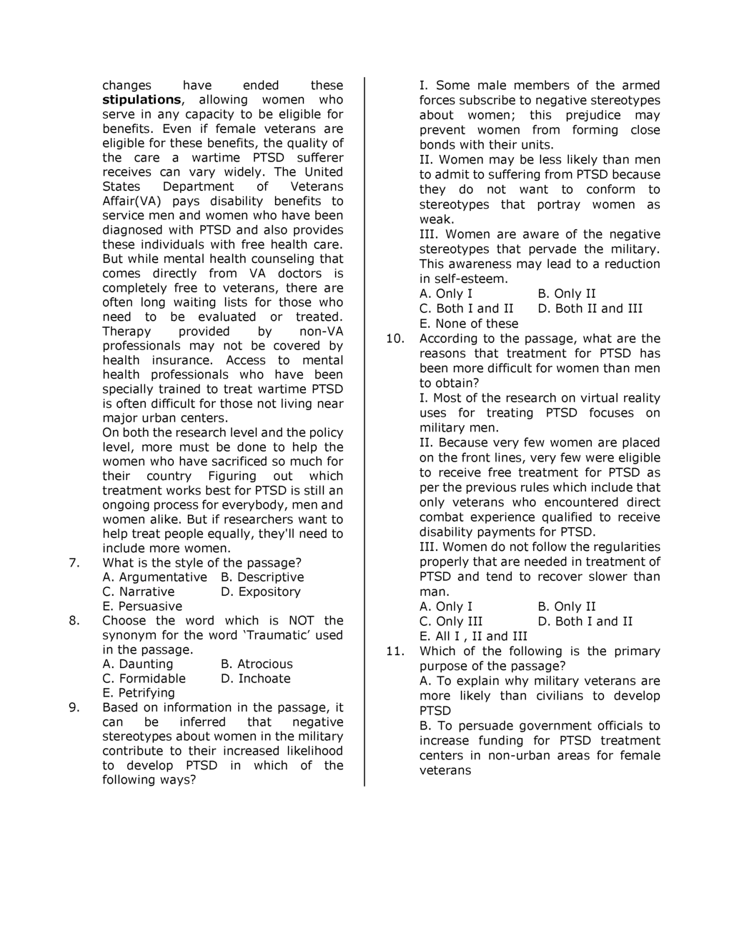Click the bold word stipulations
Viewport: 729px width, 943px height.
(x=142, y=100)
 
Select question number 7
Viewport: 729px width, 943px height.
(x=74, y=563)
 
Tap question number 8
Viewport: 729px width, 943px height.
(x=74, y=621)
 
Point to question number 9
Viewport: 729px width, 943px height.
(x=74, y=707)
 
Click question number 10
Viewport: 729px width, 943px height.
(x=395, y=339)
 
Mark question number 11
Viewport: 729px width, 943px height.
(x=395, y=651)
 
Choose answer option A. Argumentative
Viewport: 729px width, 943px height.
(x=154, y=577)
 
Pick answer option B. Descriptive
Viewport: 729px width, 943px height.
(x=262, y=577)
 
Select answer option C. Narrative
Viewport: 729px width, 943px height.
(x=138, y=592)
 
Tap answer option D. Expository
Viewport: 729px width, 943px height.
(x=261, y=592)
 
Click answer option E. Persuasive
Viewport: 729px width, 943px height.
(x=142, y=607)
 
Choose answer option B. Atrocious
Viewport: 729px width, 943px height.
(x=257, y=664)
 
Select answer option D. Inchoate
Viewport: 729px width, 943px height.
(x=256, y=679)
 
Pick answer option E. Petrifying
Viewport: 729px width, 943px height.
(x=138, y=693)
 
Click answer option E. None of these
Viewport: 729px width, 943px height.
(x=469, y=324)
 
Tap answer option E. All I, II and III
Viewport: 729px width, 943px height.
(x=473, y=637)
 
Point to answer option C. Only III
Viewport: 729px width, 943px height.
(x=451, y=622)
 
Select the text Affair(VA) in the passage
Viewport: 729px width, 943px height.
(x=132, y=201)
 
